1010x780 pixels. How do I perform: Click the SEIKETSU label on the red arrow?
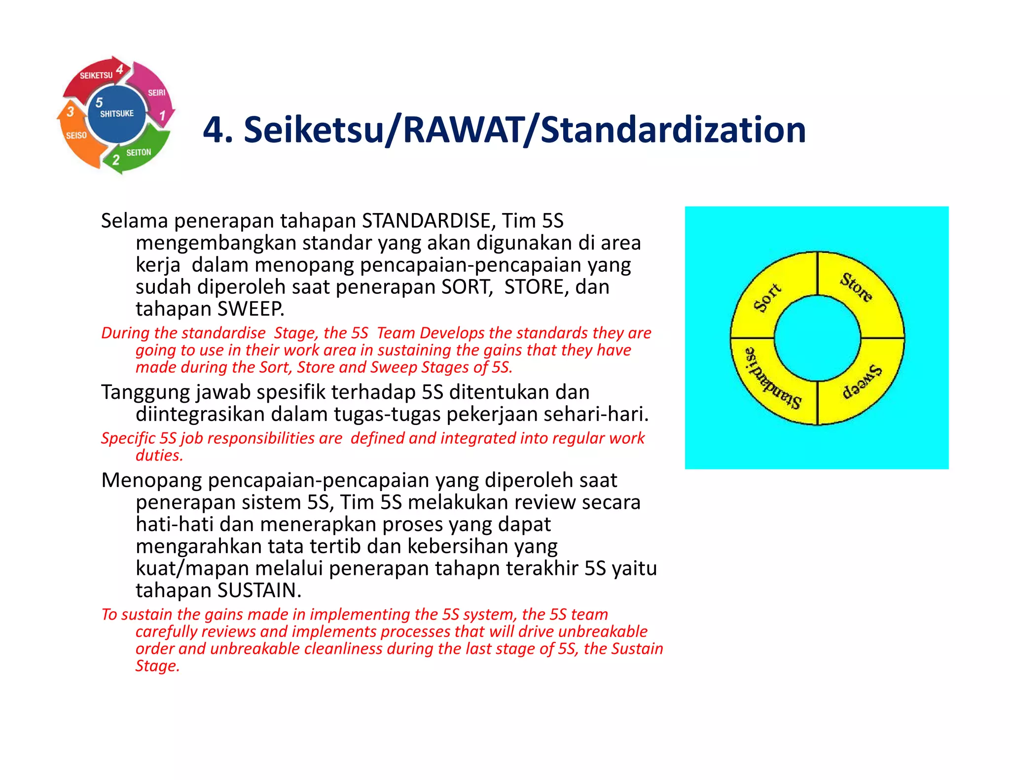96,75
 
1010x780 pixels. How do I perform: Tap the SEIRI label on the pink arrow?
156,93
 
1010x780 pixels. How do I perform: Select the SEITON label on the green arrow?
139,153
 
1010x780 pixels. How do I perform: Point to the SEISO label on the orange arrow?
76,135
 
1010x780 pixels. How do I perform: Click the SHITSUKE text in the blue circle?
117,114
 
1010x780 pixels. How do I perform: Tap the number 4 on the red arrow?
120,70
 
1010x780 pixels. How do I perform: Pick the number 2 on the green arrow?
116,160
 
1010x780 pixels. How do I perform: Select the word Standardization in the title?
673,130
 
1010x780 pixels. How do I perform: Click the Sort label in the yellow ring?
767,298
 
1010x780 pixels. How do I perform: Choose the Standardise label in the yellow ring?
772,379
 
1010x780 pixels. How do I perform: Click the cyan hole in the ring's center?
817,338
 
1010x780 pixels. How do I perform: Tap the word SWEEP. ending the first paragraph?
251,309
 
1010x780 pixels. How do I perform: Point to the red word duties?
159,455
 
